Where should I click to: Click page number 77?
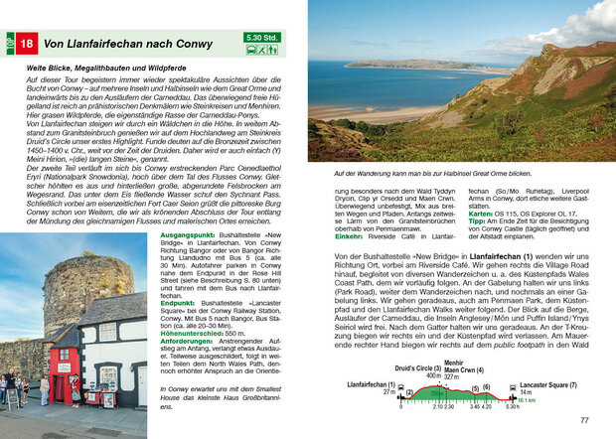(584, 421)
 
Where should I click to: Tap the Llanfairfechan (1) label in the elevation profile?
(371, 383)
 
